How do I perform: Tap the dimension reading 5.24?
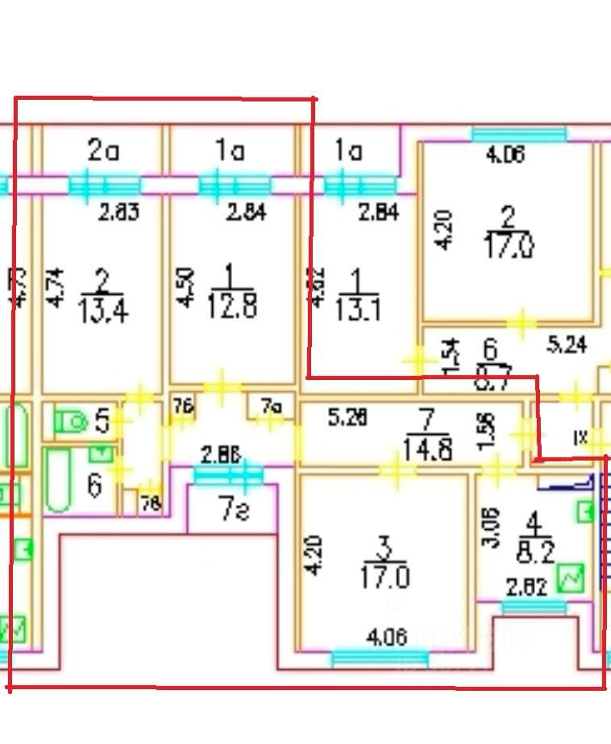tap(567, 345)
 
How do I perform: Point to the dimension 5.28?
tap(348, 418)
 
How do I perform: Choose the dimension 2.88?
tap(220, 456)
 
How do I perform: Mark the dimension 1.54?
tap(452, 354)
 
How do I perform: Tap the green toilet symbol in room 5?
tap(72, 420)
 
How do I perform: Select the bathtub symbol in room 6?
tap(59, 480)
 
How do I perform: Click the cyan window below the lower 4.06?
tap(379, 659)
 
